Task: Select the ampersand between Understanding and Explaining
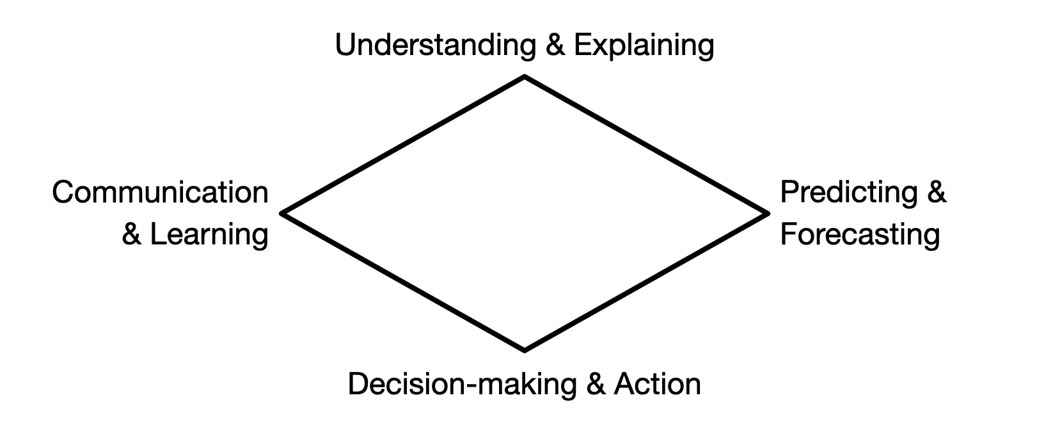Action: (555, 45)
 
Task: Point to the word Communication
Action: (160, 192)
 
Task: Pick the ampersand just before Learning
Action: (131, 234)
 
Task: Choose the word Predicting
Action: (849, 193)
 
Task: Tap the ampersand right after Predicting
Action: (937, 192)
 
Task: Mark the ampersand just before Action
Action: (596, 383)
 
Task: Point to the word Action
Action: (657, 383)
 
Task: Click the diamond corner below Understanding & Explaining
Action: (525, 76)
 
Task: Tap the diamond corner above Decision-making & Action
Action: (525, 350)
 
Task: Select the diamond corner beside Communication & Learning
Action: (281, 213)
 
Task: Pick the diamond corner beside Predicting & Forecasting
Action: (768, 213)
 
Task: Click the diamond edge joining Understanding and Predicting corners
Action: (646, 145)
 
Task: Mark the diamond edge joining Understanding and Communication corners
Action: (403, 145)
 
